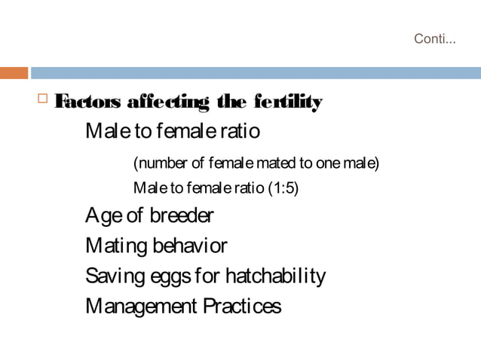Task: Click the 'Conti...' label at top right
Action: tap(435, 39)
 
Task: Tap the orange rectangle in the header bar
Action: tap(14, 73)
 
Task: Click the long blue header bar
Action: tap(256, 73)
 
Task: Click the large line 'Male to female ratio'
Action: tap(173, 132)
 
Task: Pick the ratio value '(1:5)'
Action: tap(283, 188)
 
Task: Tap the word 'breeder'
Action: tap(181, 217)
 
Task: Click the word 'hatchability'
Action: tap(272, 276)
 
